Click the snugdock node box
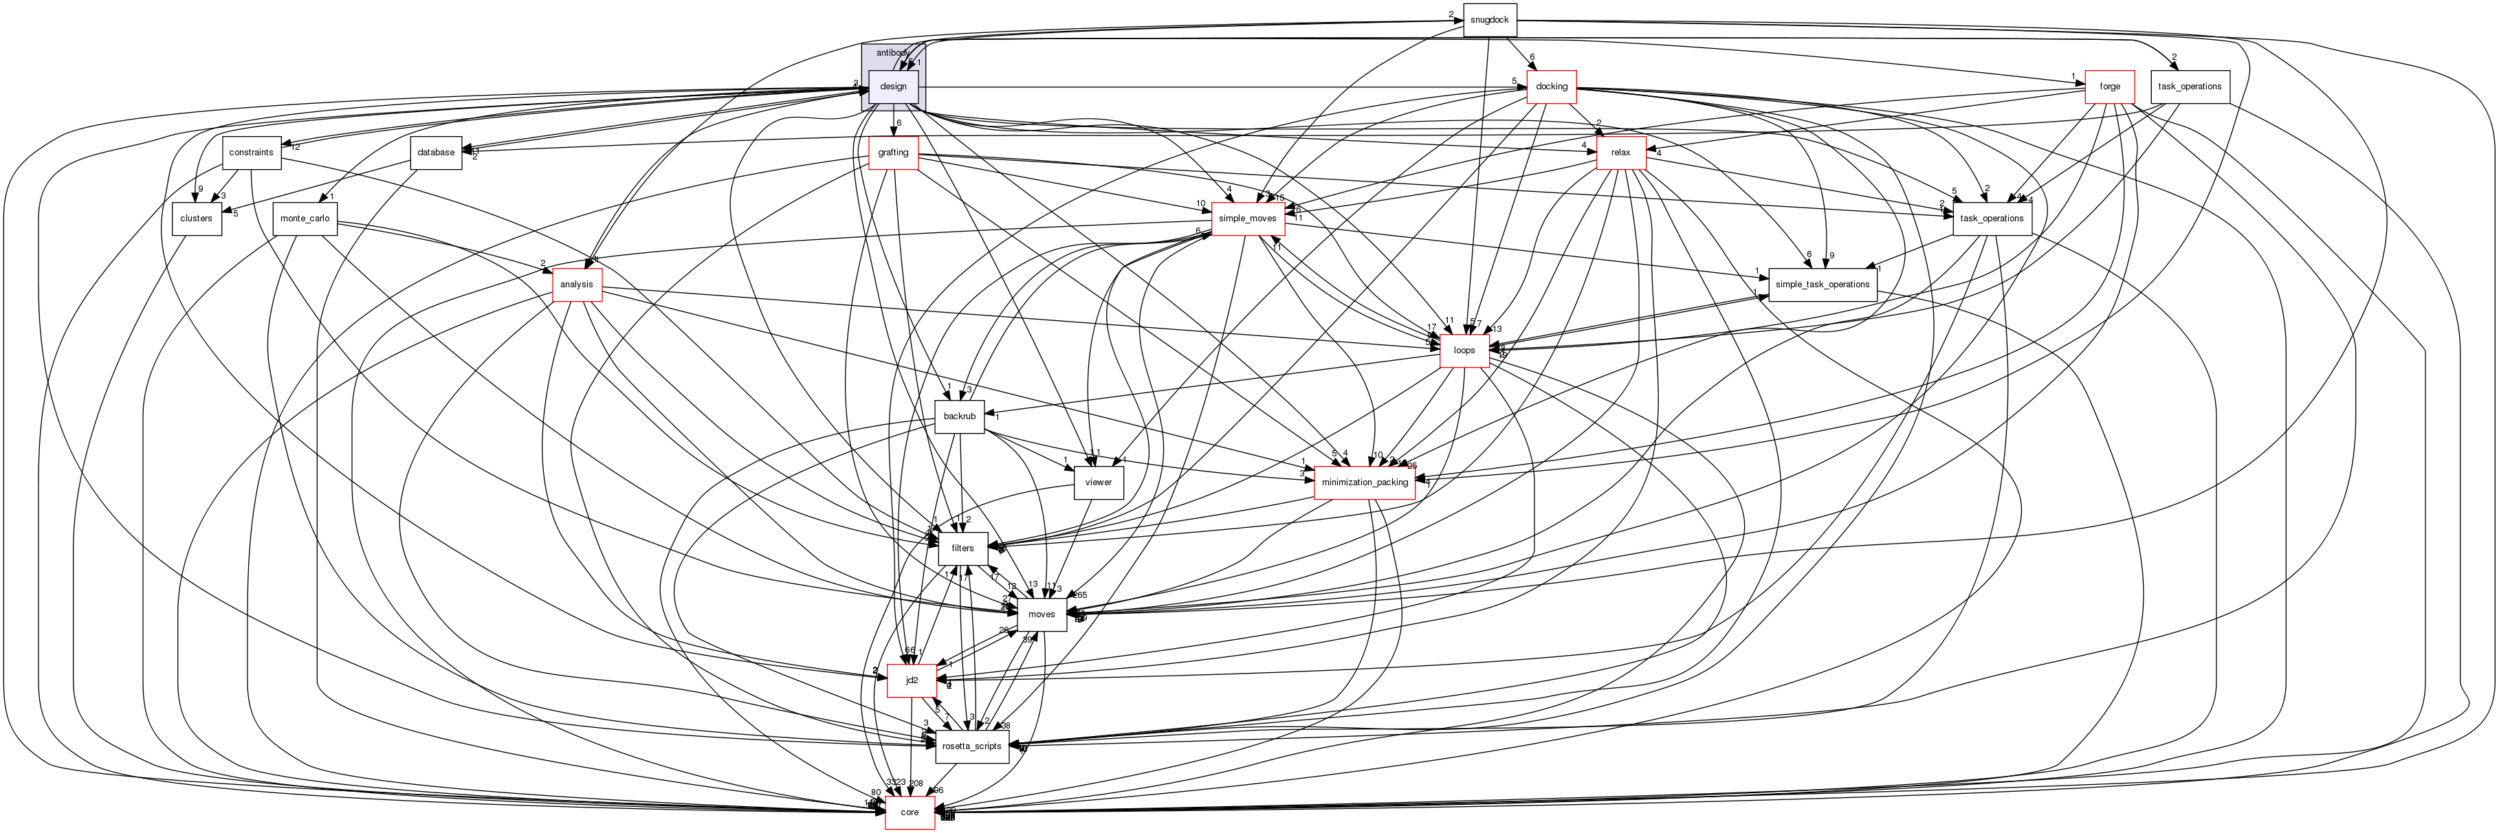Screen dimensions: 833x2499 tap(1488, 21)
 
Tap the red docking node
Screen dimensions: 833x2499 tap(1551, 87)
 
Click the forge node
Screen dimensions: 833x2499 tap(2109, 87)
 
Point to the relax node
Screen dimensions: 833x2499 tap(1620, 153)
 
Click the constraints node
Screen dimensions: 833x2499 tap(251, 153)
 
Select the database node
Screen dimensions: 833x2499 tap(436, 153)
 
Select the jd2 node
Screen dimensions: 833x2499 tap(912, 680)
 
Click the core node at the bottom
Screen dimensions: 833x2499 tap(909, 812)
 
